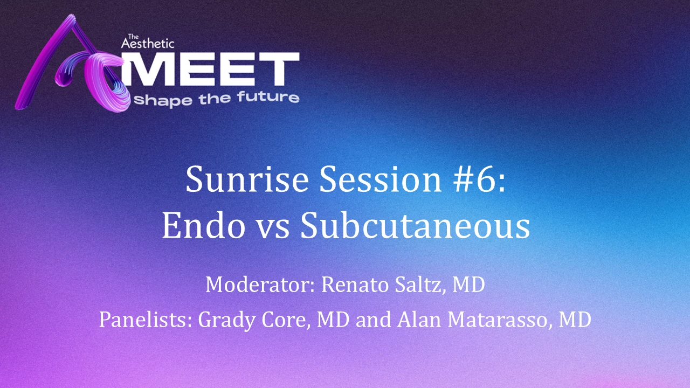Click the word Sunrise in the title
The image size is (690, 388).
(x=247, y=179)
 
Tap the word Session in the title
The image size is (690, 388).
(x=381, y=179)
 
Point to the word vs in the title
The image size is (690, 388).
(x=273, y=230)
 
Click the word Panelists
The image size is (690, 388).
(x=146, y=320)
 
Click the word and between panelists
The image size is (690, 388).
(x=373, y=320)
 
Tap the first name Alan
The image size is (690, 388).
(x=419, y=320)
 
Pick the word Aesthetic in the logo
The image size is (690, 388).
(x=148, y=43)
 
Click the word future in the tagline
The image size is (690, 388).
(x=268, y=97)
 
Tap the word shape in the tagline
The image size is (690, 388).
(x=163, y=100)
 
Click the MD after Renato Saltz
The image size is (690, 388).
(x=468, y=285)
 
